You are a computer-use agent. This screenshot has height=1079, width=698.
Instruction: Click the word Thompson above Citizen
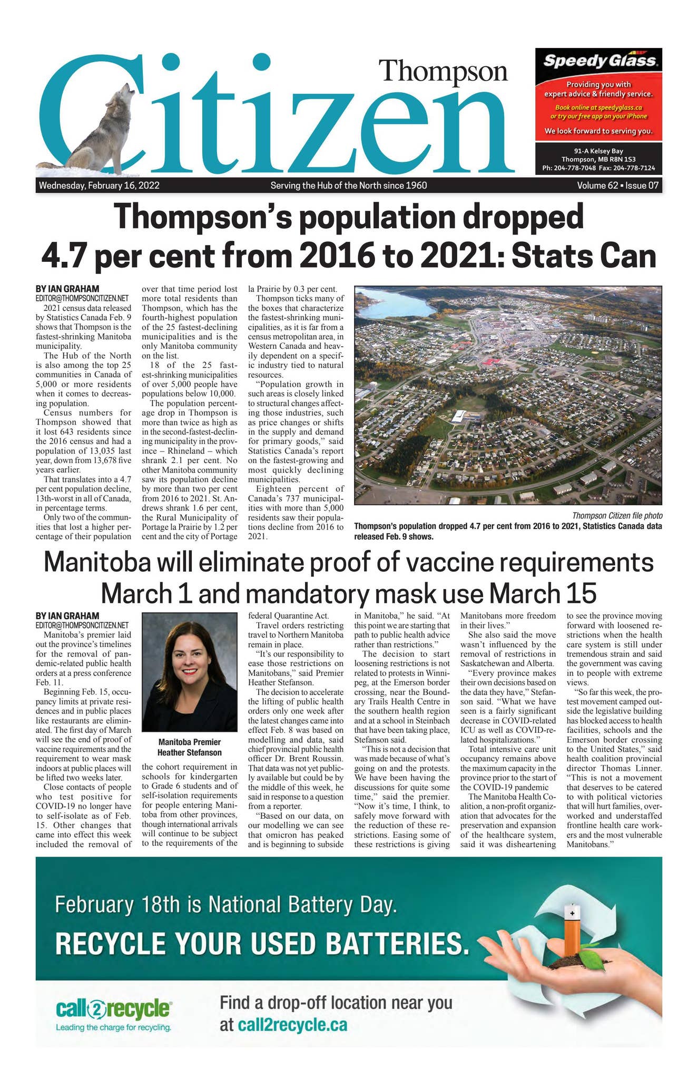pyautogui.click(x=443, y=71)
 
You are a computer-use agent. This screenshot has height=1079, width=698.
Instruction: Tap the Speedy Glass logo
pyautogui.click(x=599, y=61)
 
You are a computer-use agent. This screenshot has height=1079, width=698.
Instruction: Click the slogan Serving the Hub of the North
pyautogui.click(x=348, y=185)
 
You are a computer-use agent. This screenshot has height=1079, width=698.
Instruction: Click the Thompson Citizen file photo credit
pyautogui.click(x=617, y=516)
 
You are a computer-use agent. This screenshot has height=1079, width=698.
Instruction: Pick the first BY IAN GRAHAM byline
pyautogui.click(x=67, y=289)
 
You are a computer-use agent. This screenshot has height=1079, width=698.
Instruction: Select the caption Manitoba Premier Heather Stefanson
pyautogui.click(x=190, y=747)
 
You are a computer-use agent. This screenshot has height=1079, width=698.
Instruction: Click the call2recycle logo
pyautogui.click(x=114, y=1009)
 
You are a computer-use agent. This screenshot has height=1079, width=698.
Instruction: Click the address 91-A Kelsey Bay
pyautogui.click(x=598, y=151)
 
